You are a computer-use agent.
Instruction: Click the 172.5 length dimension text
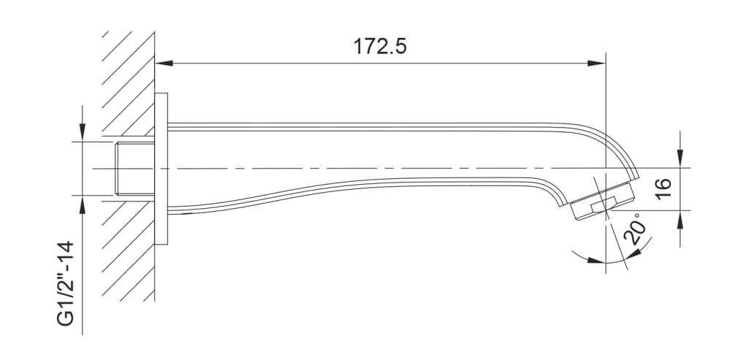point(380,47)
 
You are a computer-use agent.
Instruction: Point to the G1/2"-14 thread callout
point(66,284)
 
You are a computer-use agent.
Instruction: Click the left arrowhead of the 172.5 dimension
point(164,63)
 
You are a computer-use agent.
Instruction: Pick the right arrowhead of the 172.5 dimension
point(596,63)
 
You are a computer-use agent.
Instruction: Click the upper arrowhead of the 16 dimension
point(680,158)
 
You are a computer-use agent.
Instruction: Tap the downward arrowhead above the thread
point(83,132)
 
